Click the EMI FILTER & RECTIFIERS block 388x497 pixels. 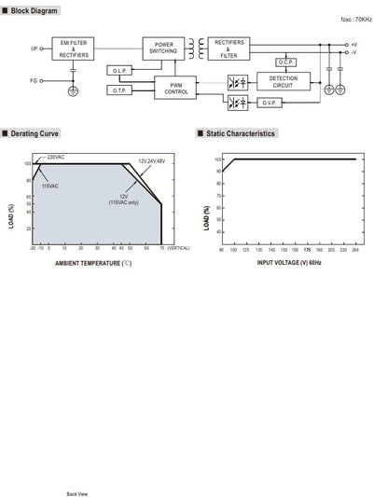click(x=75, y=49)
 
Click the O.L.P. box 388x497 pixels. click(x=120, y=71)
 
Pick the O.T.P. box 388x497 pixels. click(x=120, y=90)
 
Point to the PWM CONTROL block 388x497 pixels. click(x=176, y=88)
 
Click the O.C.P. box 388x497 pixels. click(x=285, y=63)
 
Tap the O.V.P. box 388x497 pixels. click(x=285, y=103)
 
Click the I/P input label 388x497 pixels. click(x=35, y=48)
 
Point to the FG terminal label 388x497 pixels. click(x=35, y=81)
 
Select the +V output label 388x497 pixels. click(x=353, y=45)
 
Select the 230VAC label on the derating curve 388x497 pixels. click(x=56, y=158)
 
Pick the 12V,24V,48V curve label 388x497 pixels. click(x=151, y=161)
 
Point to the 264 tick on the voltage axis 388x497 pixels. click(x=355, y=250)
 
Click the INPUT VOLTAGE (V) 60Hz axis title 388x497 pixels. click(x=290, y=264)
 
